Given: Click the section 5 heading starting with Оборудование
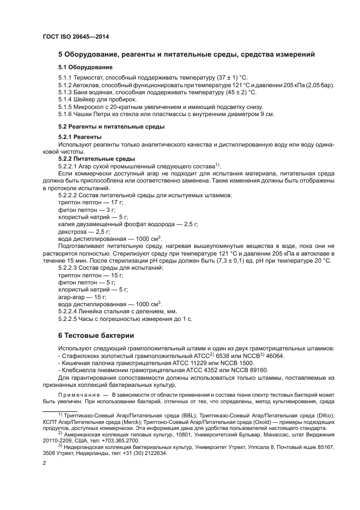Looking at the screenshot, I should tap(186, 55).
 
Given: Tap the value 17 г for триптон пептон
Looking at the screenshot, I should tap(117, 203).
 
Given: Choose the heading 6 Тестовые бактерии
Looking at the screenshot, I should tap(96, 335).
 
